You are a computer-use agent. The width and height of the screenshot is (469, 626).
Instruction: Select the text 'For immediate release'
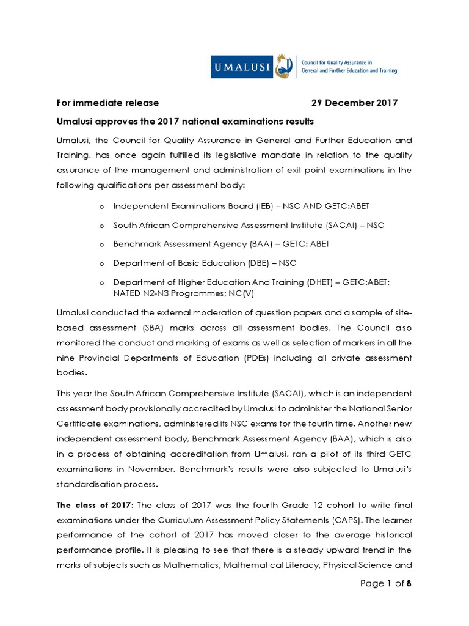[108, 103]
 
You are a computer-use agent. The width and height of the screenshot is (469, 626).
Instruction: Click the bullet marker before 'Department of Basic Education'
[101, 263]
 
